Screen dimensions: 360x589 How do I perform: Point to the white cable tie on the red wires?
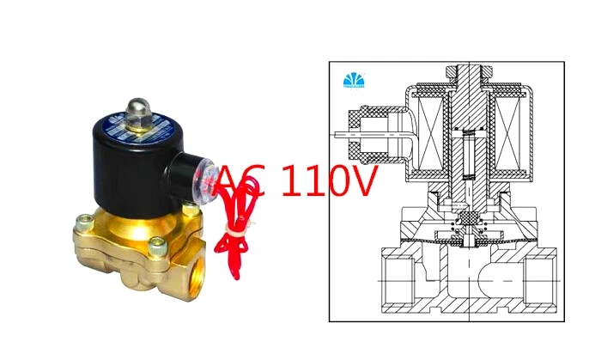pos(232,230)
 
